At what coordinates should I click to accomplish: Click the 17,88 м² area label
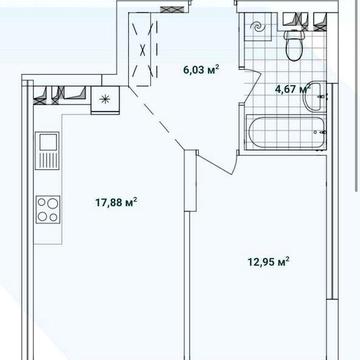tap(117, 202)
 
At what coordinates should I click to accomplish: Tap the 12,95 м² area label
tap(268, 262)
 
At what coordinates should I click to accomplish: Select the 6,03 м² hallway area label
tap(201, 70)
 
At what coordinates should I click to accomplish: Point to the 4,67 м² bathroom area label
tap(292, 89)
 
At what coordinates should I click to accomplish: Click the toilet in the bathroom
tap(294, 45)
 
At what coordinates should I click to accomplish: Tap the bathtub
tap(286, 132)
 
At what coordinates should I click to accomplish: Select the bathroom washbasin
tap(315, 96)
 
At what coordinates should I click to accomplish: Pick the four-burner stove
tap(48, 210)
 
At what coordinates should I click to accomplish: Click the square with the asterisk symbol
tap(105, 99)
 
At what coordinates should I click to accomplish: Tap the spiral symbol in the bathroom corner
tap(258, 27)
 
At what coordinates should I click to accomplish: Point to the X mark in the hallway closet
tap(143, 50)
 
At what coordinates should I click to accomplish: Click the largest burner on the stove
tap(51, 204)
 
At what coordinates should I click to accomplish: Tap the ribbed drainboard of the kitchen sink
tap(48, 160)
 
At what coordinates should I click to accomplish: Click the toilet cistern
tap(294, 35)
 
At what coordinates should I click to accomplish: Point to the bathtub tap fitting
tap(321, 132)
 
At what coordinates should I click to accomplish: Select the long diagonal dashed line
tap(156, 117)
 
